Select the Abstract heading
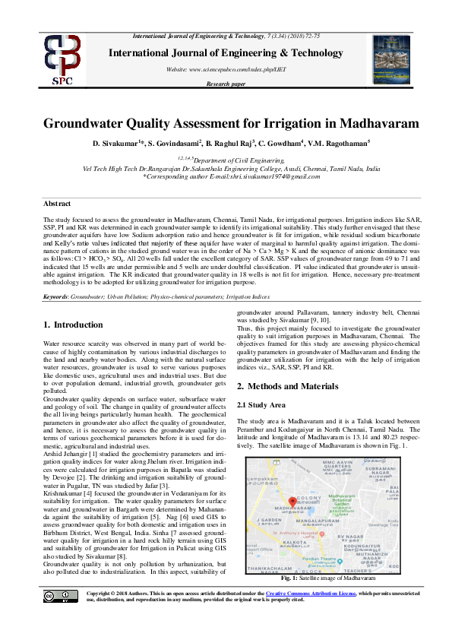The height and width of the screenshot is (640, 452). [x=57, y=204]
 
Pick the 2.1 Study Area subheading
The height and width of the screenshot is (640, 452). [x=261, y=404]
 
